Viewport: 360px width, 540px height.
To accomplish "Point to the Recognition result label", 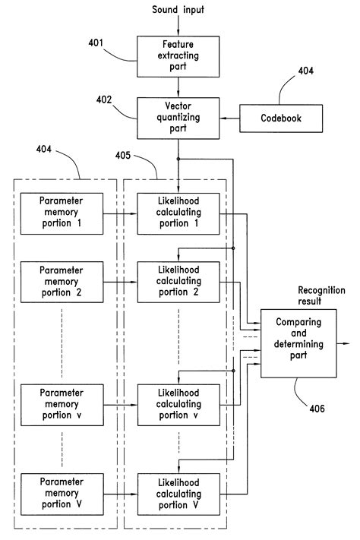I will click(x=320, y=295).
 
